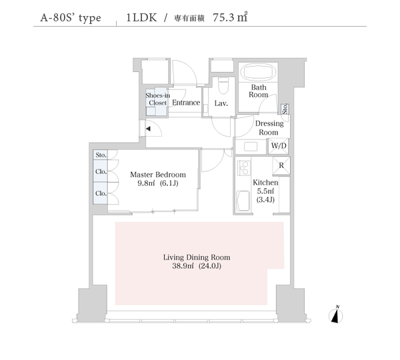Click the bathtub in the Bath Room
coord(258,72)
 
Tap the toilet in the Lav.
coord(223,85)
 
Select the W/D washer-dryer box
coord(279,146)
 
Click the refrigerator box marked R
coord(281,166)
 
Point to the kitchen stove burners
coord(243,167)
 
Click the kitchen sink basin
coord(243,201)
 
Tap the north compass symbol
coord(336,315)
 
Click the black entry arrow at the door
coord(148,129)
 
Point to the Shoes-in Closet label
coord(157,99)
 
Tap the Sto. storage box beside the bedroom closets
coord(100,155)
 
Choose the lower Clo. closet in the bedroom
coord(100,193)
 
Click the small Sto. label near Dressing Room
coord(285,109)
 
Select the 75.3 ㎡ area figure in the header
coord(230,17)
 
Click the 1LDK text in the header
coord(141,17)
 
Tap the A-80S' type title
coord(71,18)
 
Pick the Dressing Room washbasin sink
coord(251,147)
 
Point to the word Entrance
coord(186,103)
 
